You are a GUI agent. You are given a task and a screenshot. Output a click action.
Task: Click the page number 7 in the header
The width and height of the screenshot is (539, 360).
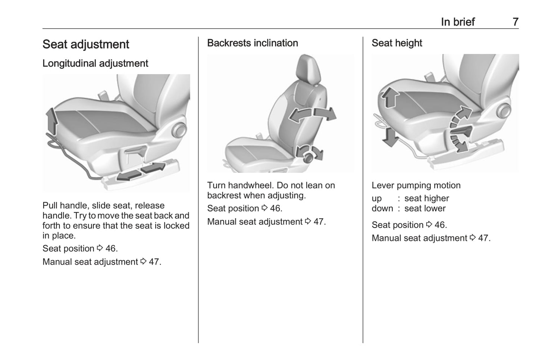(515, 22)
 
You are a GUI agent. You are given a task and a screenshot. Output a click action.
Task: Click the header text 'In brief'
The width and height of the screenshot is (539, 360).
(458, 22)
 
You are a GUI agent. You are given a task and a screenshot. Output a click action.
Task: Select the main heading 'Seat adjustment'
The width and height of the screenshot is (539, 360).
(86, 44)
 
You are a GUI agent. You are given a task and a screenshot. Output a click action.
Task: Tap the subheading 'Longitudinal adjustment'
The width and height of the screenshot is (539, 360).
(95, 63)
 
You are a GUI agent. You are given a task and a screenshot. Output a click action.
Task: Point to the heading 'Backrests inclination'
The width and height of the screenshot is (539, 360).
(253, 43)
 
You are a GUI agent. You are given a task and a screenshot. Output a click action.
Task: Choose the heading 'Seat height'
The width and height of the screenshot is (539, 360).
(397, 43)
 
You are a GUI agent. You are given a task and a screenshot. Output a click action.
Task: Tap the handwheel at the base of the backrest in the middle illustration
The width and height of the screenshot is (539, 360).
(308, 157)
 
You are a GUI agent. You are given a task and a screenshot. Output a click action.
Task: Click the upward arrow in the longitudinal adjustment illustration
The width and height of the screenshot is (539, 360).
(52, 120)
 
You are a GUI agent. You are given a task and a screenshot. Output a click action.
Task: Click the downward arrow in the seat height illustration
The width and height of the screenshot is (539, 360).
(390, 137)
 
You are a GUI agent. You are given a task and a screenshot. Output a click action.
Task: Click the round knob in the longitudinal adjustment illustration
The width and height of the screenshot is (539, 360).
(179, 131)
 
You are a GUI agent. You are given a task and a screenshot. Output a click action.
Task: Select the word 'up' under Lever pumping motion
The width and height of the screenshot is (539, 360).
(377, 198)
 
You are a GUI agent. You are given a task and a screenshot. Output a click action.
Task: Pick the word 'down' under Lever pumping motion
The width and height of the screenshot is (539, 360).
(382, 209)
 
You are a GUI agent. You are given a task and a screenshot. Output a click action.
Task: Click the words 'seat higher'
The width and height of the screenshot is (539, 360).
(427, 198)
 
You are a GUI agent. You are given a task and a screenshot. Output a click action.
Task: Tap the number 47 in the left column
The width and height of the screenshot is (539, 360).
(154, 262)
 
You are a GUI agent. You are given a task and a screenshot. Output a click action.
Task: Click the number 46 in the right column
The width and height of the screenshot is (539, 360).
(440, 225)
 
